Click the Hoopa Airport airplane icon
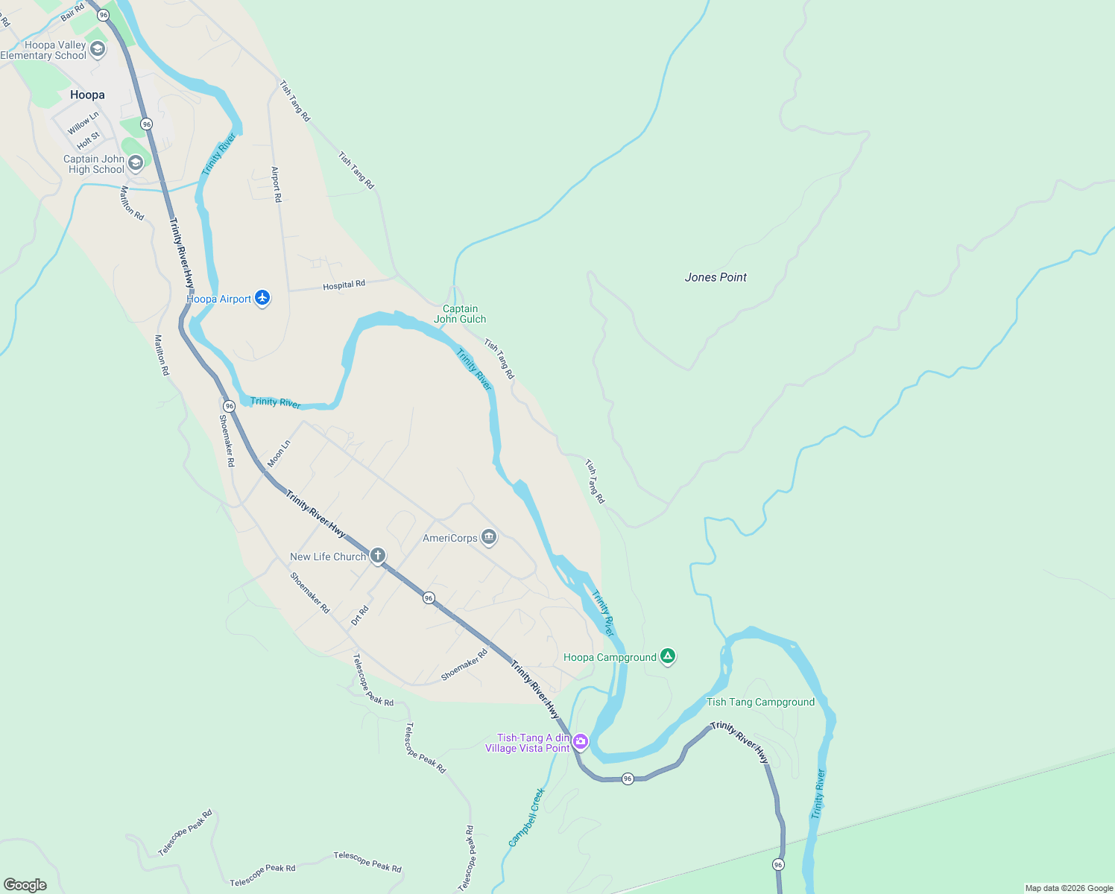262,298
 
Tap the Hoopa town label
87,95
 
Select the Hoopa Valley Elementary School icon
98,50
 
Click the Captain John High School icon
135,163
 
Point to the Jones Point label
716,277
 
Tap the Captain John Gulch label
460,314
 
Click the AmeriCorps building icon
489,537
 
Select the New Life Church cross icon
378,556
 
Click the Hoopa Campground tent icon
668,656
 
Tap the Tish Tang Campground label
760,702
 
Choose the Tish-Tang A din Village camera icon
581,741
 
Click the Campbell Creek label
526,817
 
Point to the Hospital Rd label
344,285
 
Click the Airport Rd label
276,184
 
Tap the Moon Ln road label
279,454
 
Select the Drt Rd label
360,615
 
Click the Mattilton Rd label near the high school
132,203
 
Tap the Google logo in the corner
25,884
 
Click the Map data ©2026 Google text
1068,888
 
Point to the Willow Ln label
83,123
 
